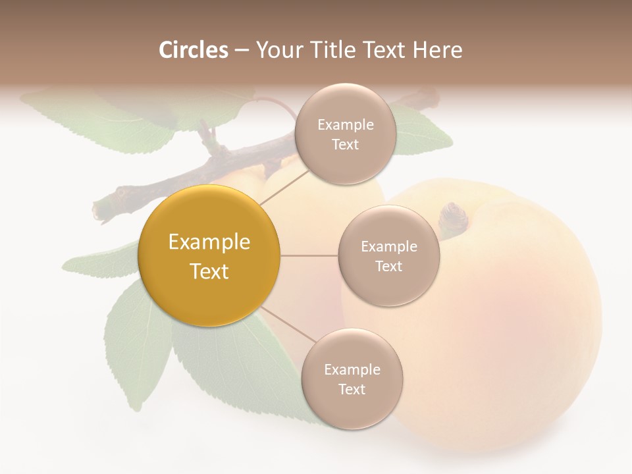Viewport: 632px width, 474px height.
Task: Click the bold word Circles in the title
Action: click(x=193, y=50)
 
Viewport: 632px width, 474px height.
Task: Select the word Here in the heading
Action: click(x=437, y=50)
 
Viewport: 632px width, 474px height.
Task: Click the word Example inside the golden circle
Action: click(x=209, y=242)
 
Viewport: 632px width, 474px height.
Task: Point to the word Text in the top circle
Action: click(x=345, y=145)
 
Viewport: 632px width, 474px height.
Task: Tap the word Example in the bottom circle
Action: click(x=352, y=369)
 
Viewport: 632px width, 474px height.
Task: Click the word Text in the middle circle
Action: click(x=388, y=267)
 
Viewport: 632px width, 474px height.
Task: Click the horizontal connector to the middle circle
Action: click(x=309, y=255)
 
